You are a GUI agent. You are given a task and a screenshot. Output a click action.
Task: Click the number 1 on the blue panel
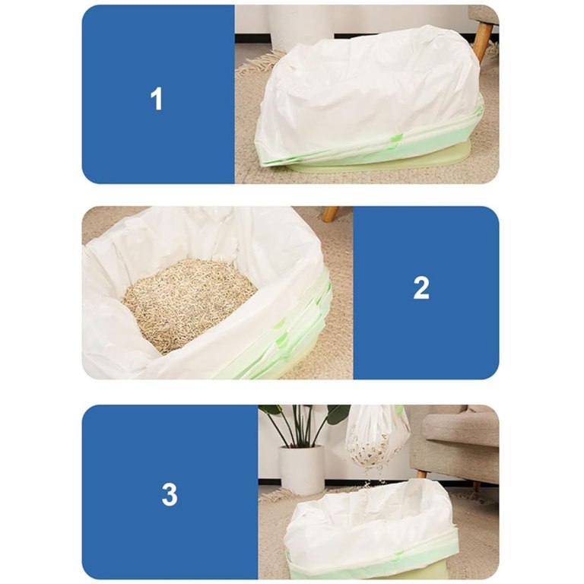(x=157, y=99)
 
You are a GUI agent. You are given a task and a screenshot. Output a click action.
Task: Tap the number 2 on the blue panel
(x=421, y=287)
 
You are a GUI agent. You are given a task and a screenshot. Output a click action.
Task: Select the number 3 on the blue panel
(x=170, y=494)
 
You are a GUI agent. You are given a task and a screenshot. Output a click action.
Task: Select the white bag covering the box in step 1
(x=367, y=97)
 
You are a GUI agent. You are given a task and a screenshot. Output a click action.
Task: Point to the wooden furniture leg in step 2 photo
(x=331, y=214)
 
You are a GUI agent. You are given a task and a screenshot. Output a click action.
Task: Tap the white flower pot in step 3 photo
(x=303, y=469)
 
